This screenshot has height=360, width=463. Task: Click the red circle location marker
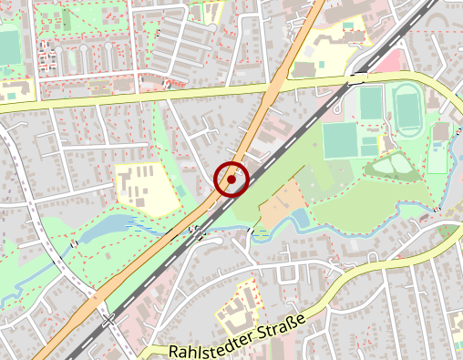pos(231,180)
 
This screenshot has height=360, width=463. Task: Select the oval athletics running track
pos(406,109)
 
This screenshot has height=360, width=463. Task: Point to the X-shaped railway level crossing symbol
pos(109,320)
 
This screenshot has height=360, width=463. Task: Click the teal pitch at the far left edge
pos(9,46)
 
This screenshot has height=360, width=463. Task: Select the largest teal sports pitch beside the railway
pos(339,140)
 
